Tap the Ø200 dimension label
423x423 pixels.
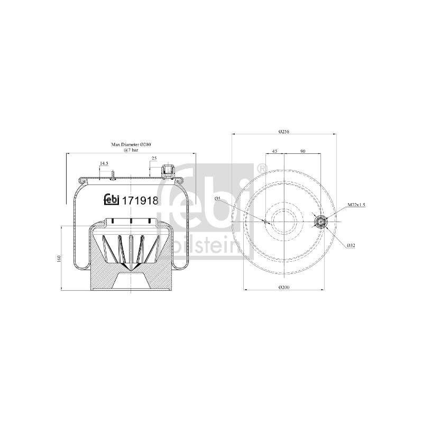pyautogui.click(x=283, y=287)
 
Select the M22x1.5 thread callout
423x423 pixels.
pyautogui.click(x=356, y=205)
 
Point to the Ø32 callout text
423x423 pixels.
pyautogui.click(x=351, y=245)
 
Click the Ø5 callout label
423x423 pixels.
pyautogui.click(x=218, y=198)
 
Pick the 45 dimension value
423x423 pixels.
pyautogui.click(x=274, y=151)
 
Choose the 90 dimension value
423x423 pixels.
pyautogui.click(x=302, y=151)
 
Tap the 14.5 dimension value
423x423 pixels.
pyautogui.click(x=104, y=163)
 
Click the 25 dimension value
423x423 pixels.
pyautogui.click(x=154, y=158)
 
